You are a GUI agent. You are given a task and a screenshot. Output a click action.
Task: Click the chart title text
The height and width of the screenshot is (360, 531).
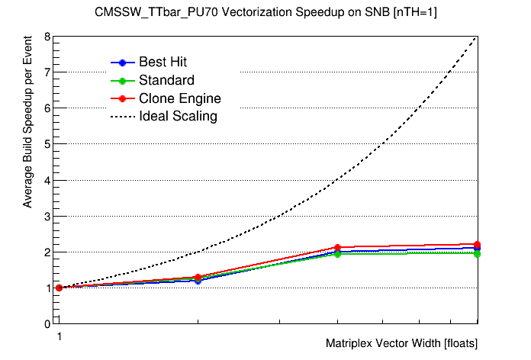click(x=265, y=12)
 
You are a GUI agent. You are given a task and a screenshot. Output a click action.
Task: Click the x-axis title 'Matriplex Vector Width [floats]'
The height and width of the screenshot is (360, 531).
click(x=401, y=343)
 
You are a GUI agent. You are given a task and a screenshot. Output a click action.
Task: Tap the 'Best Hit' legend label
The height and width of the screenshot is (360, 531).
click(x=163, y=62)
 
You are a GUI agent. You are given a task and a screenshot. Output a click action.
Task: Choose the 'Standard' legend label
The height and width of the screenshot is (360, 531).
click(x=166, y=80)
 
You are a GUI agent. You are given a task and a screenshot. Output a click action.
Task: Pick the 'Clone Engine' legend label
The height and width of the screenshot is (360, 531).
click(x=179, y=98)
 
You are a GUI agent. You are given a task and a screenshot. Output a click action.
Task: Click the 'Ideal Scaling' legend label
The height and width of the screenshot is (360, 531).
click(x=178, y=117)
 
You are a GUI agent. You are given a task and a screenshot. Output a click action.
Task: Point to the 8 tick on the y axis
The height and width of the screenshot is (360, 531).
click(x=47, y=37)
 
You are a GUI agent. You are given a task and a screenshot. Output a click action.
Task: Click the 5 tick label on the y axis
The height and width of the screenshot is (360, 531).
click(x=47, y=144)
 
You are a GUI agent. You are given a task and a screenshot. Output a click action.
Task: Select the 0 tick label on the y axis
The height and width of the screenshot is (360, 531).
click(x=47, y=323)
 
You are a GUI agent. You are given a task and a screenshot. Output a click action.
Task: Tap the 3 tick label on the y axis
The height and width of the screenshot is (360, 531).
click(x=47, y=216)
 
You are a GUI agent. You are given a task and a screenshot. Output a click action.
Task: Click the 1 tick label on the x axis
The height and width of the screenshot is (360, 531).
click(x=58, y=336)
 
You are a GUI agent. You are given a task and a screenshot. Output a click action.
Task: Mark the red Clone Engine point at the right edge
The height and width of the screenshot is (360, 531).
click(x=478, y=245)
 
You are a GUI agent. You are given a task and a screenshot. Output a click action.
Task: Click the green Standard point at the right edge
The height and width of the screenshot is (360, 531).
click(x=478, y=253)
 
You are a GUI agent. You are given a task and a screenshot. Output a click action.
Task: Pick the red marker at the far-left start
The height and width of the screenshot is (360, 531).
click(x=59, y=288)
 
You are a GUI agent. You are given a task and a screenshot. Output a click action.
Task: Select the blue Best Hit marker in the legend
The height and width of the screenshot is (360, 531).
click(x=122, y=62)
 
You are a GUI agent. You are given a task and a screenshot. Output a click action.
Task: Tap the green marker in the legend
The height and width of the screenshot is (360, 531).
click(x=122, y=80)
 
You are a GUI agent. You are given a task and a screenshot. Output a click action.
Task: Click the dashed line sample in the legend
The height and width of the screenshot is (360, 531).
click(x=122, y=117)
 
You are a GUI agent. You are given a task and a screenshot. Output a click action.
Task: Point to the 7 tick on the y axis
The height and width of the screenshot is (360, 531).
click(x=47, y=72)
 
